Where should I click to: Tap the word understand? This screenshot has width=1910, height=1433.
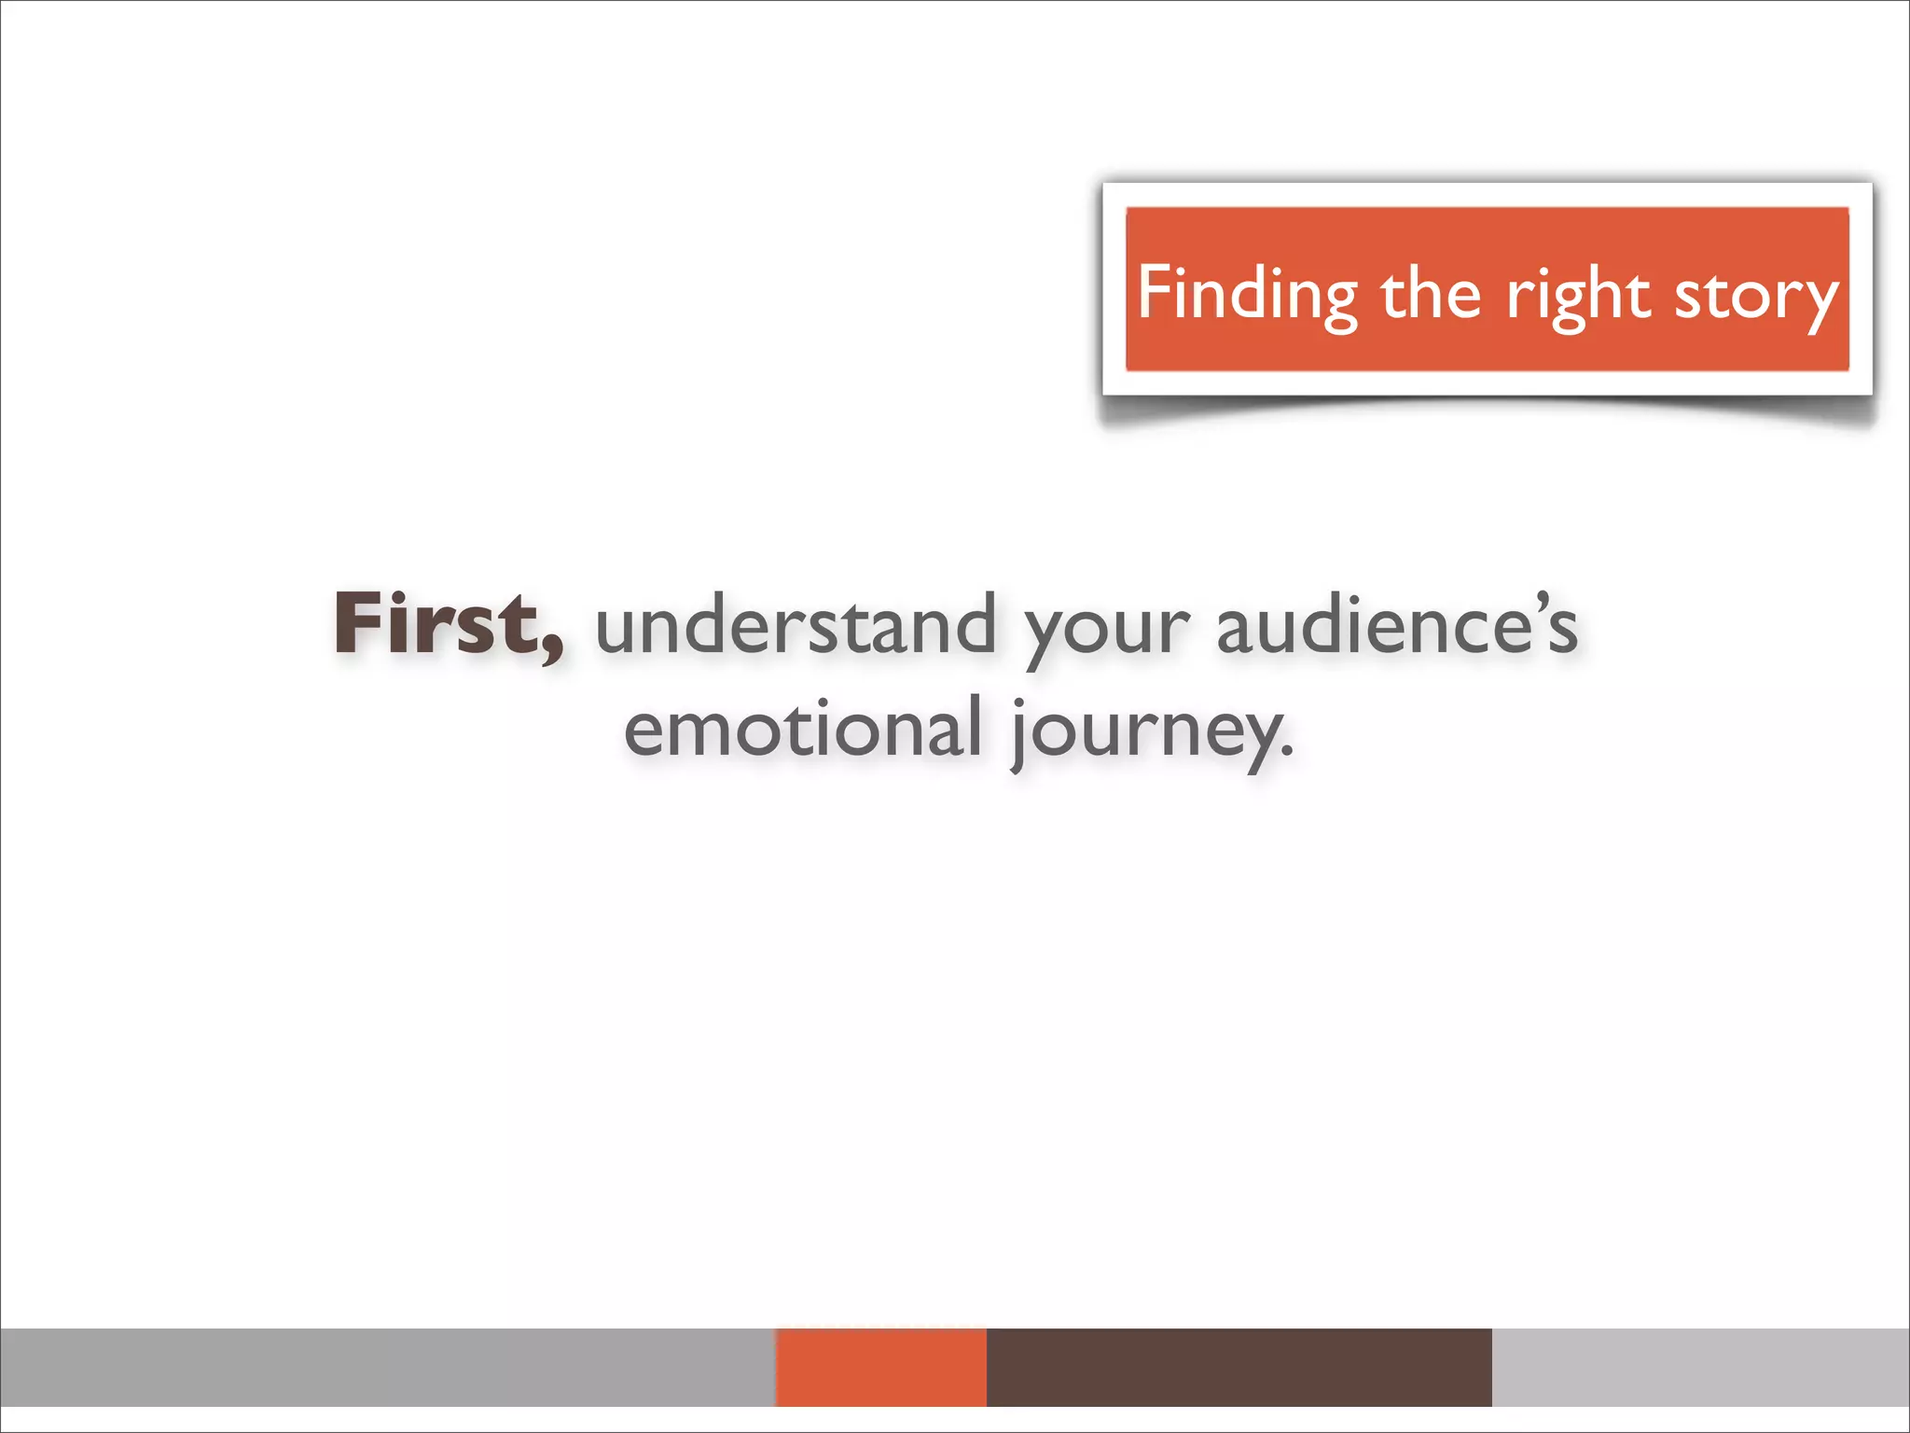click(x=796, y=625)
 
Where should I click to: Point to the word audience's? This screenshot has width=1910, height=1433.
click(x=1396, y=625)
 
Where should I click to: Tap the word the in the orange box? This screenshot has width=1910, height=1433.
click(x=1430, y=293)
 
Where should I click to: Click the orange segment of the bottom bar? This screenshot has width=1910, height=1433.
click(x=880, y=1367)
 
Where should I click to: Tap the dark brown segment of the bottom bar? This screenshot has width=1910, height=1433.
click(x=1239, y=1367)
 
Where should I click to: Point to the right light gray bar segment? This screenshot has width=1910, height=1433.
click(x=1700, y=1367)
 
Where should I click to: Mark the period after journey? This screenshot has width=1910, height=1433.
click(x=1288, y=752)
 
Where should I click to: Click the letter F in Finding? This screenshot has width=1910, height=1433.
click(x=1154, y=291)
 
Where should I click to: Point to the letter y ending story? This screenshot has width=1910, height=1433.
click(x=1819, y=304)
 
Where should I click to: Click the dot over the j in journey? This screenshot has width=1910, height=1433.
click(x=1019, y=702)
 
